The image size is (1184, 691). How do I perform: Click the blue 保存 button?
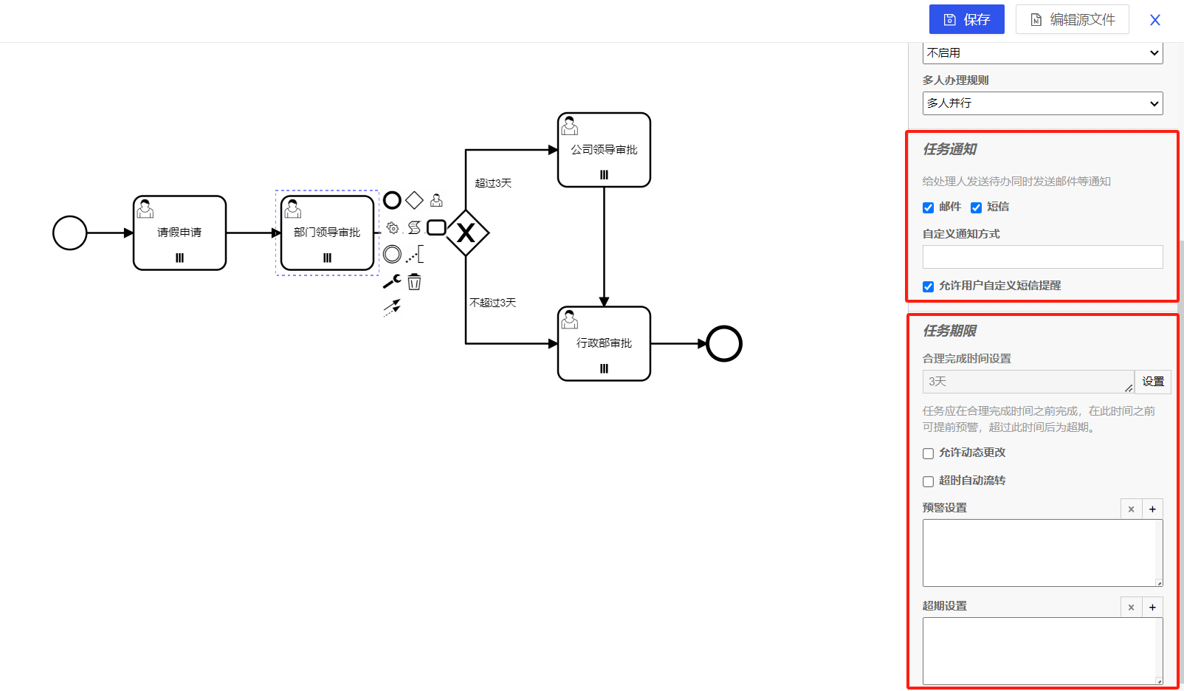pos(966,19)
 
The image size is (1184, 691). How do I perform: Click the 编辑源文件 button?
pos(1072,19)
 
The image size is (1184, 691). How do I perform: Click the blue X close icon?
pos(1155,20)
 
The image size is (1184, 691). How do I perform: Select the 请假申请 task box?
pos(179,233)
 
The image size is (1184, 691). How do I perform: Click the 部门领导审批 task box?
pos(327,233)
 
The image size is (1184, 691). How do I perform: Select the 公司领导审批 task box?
pos(604,150)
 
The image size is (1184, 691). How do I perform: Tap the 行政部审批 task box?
pos(604,343)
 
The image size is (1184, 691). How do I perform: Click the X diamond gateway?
pos(466,233)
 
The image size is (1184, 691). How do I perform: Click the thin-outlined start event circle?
pos(70,233)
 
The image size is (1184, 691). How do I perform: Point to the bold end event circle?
pos(723,344)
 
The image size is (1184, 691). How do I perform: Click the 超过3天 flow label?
pos(493,183)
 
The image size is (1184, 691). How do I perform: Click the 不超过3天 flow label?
pos(493,303)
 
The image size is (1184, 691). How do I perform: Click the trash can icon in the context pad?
pos(415,281)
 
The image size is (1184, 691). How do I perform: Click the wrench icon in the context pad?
pos(392,281)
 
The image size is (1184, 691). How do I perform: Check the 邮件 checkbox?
pos(929,207)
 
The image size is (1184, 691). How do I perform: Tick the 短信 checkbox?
pos(976,207)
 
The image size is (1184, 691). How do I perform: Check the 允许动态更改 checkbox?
pos(929,453)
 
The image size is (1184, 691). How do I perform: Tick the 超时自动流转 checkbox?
pos(929,481)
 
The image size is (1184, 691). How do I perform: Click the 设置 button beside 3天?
pos(1152,382)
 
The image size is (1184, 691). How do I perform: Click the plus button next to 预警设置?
pos(1152,509)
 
